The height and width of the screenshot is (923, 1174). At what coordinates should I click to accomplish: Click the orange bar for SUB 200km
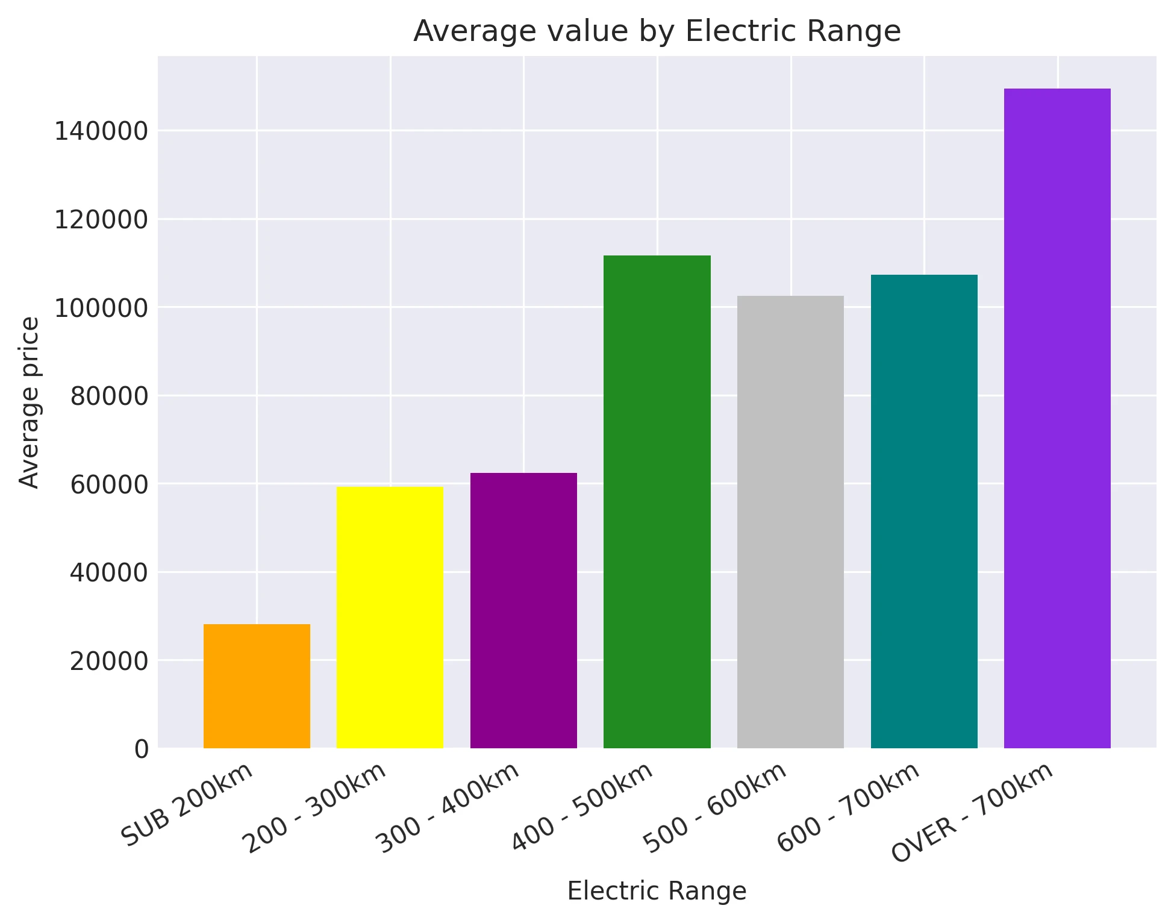coord(257,686)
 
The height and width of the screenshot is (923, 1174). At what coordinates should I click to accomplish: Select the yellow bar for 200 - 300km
coord(390,618)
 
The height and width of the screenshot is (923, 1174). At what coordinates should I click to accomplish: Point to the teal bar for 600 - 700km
coord(924,512)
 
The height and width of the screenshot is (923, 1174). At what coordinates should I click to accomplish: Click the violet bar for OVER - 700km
coord(1057,418)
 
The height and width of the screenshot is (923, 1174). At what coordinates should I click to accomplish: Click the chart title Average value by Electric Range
coord(657,31)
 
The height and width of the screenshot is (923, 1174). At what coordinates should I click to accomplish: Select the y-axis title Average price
coord(29,402)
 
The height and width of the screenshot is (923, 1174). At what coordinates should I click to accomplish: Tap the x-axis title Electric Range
coord(657,891)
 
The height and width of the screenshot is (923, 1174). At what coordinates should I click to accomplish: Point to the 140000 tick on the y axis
coord(101,131)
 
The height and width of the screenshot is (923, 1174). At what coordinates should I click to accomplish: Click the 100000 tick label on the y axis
coord(101,308)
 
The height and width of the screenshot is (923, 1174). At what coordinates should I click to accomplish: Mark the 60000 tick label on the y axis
coord(109,484)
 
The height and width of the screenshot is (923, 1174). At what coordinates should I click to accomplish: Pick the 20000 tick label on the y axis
coord(109,661)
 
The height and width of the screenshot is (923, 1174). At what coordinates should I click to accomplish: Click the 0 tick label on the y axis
coord(142,749)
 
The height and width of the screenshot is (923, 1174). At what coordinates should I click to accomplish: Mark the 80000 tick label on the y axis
coord(109,396)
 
